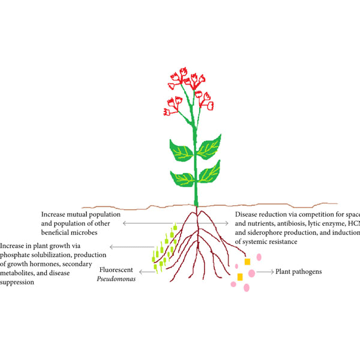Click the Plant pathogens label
click(x=298, y=272)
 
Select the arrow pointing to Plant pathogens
click(x=265, y=272)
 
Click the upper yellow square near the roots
click(x=247, y=262)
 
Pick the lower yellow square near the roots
click(x=239, y=277)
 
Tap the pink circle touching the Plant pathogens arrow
click(x=251, y=273)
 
